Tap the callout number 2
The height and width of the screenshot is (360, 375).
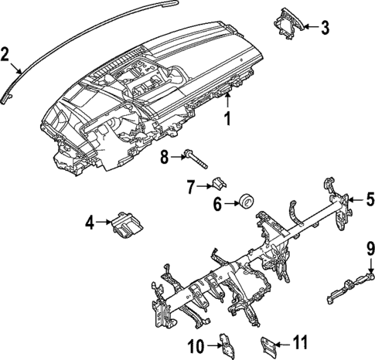click(5, 54)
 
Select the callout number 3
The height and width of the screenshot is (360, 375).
click(326, 29)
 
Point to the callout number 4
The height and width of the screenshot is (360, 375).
click(90, 223)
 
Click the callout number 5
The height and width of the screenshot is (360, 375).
click(370, 199)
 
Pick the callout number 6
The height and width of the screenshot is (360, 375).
click(217, 205)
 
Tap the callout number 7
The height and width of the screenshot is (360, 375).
click(189, 185)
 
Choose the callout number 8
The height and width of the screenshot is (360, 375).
click(164, 158)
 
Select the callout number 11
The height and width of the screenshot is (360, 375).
click(302, 341)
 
